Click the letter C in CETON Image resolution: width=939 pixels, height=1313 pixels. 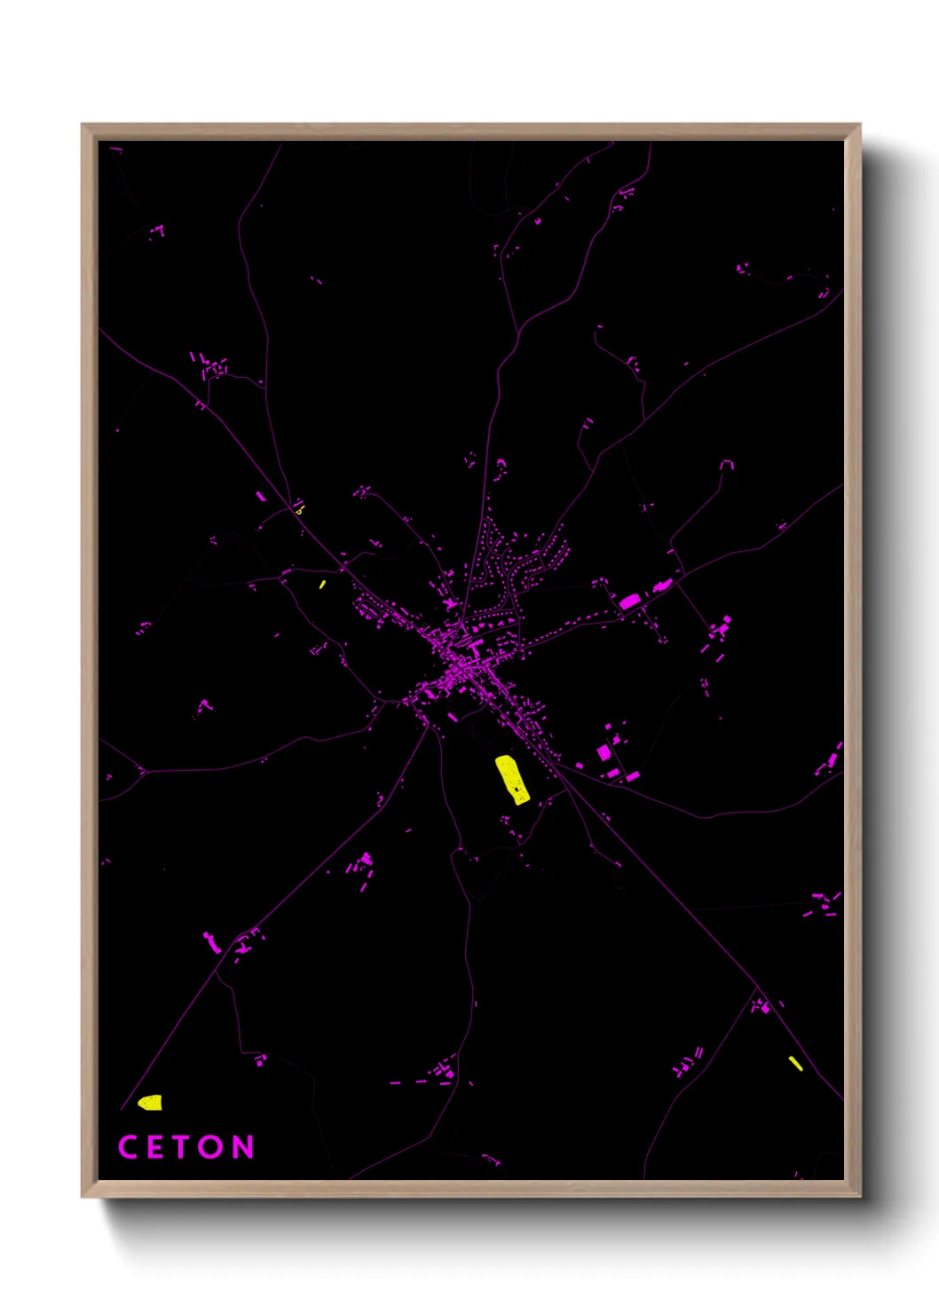pos(128,1147)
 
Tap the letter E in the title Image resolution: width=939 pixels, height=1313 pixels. pos(154,1147)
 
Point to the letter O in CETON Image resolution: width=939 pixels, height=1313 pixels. pos(211,1147)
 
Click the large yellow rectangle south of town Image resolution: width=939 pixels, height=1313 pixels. pos(511,779)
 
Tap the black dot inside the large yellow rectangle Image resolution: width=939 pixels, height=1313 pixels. pos(517,788)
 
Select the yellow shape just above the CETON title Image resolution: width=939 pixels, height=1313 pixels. pos(151,1103)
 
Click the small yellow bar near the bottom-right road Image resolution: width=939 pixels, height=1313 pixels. pos(795,1063)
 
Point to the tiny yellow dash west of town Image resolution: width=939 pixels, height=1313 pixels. pos(322,585)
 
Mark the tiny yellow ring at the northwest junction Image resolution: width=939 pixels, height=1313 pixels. pos(300,510)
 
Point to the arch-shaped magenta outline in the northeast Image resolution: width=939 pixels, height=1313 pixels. pos(727,464)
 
